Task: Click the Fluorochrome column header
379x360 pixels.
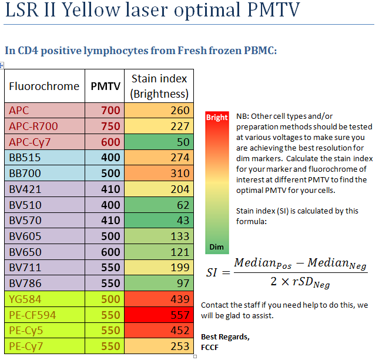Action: click(x=44, y=86)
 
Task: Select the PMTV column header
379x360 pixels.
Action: click(x=105, y=86)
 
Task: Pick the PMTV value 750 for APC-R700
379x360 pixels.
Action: click(x=110, y=126)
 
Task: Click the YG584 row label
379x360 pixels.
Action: click(x=23, y=299)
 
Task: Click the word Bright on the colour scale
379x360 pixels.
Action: click(x=217, y=117)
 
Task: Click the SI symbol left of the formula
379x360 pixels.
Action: click(x=216, y=272)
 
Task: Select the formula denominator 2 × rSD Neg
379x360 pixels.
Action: click(x=300, y=282)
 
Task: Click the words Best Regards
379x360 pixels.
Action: click(x=225, y=337)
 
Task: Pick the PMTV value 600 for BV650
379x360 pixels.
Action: click(x=110, y=252)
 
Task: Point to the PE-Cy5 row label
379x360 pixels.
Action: click(x=25, y=331)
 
